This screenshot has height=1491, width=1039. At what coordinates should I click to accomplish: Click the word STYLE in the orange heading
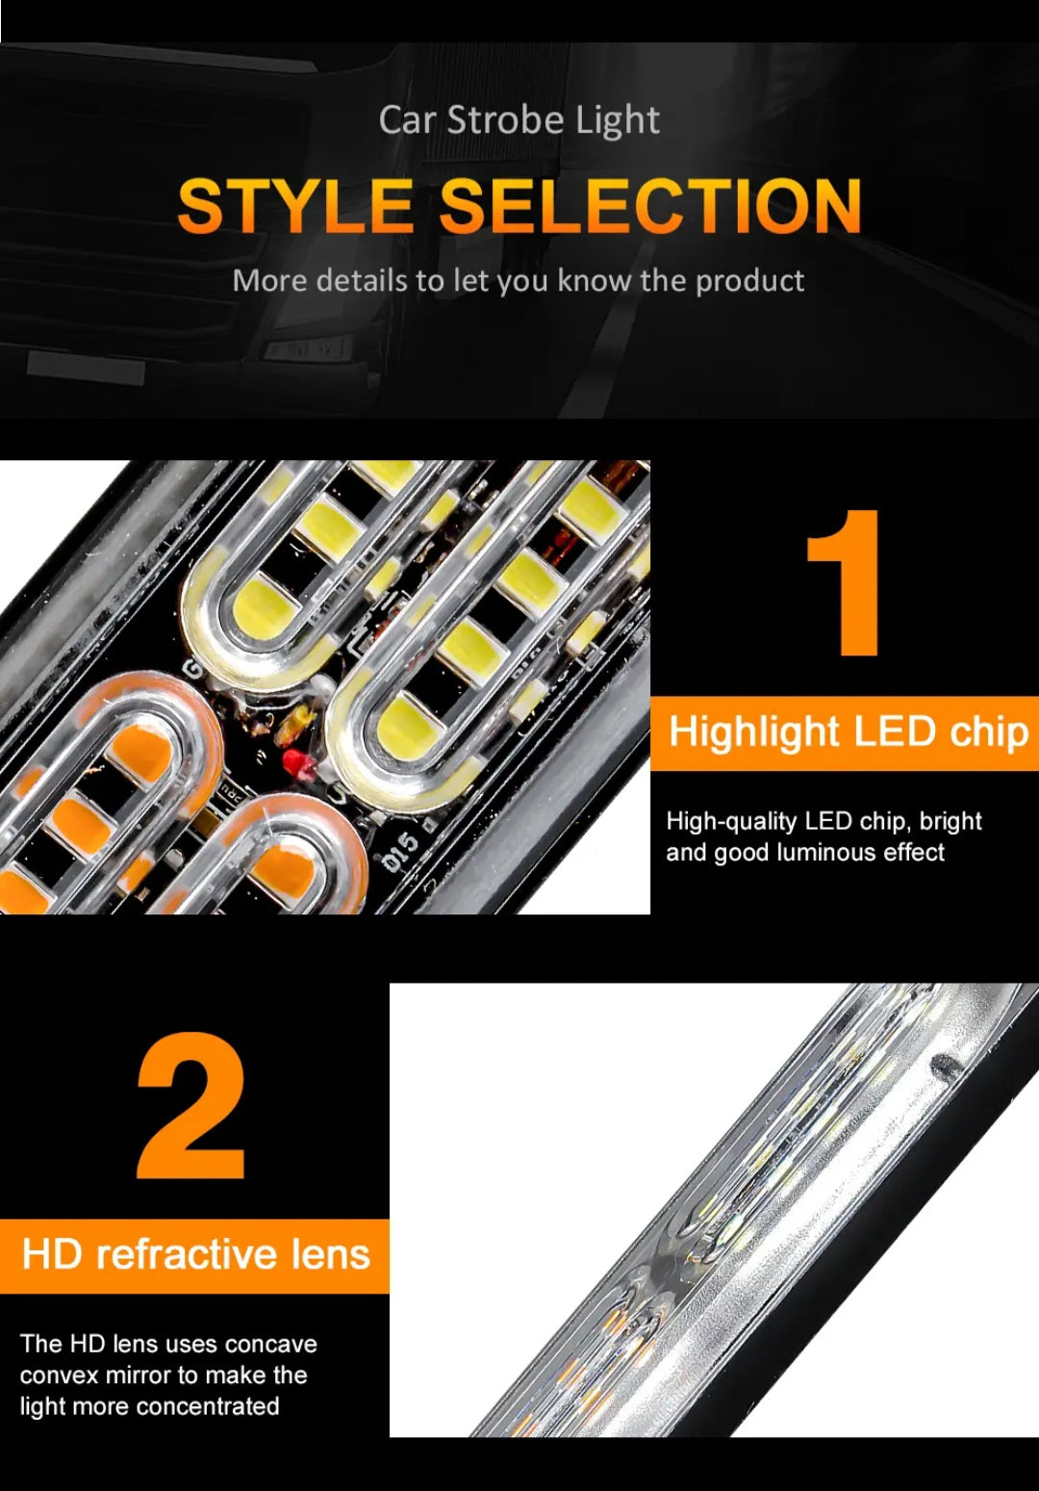click(x=295, y=206)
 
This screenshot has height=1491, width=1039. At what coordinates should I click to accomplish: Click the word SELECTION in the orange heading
click(x=649, y=206)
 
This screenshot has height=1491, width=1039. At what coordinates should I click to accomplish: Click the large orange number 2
click(x=191, y=1107)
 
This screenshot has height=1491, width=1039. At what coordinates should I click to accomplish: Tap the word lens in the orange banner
click(x=332, y=1255)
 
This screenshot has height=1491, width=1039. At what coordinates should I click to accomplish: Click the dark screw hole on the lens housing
click(x=945, y=1064)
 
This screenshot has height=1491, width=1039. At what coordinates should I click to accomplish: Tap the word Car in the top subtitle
click(x=407, y=120)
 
